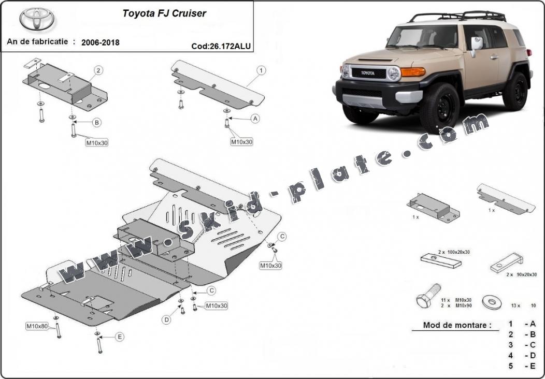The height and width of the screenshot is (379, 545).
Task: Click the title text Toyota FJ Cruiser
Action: pyautogui.click(x=164, y=14)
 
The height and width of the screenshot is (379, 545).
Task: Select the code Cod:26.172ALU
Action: pyautogui.click(x=221, y=46)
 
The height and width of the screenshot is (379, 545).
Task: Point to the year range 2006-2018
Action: pyautogui.click(x=100, y=42)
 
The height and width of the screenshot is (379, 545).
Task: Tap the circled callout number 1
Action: pyautogui.click(x=262, y=69)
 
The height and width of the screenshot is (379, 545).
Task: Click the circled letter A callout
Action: pyautogui.click(x=255, y=119)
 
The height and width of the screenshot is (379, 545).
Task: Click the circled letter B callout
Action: pyautogui.click(x=96, y=123)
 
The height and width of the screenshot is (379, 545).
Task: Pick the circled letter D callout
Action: pyautogui.click(x=167, y=320)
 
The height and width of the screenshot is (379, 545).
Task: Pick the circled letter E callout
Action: pyautogui.click(x=120, y=337)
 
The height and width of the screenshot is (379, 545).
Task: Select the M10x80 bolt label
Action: pyautogui.click(x=37, y=326)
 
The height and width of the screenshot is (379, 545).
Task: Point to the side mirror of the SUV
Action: pyautogui.click(x=476, y=46)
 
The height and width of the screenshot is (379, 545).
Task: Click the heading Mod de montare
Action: pyautogui.click(x=457, y=325)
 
